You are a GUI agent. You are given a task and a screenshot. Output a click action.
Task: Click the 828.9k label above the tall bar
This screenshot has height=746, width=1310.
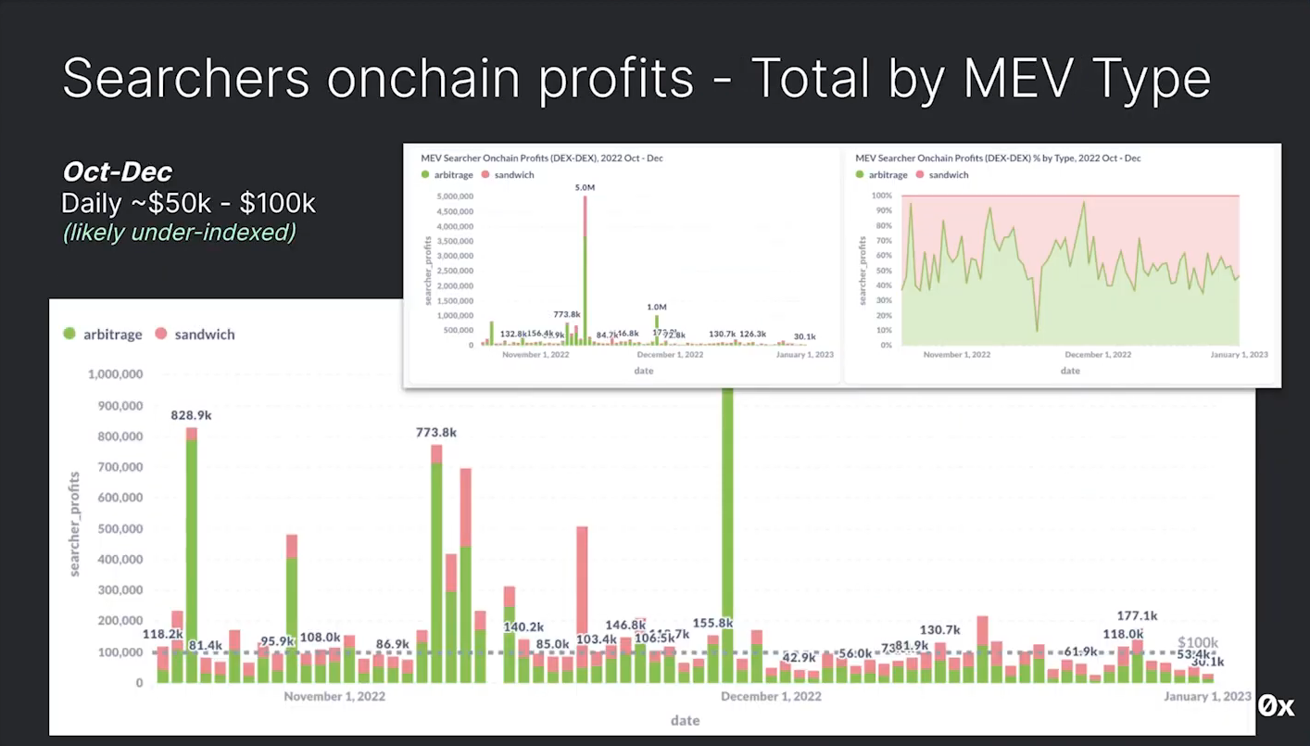coord(191,415)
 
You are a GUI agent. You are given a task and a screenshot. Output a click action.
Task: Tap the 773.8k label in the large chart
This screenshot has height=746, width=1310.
coord(435,433)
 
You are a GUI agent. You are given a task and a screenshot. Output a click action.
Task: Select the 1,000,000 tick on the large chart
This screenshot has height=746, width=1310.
coord(115,374)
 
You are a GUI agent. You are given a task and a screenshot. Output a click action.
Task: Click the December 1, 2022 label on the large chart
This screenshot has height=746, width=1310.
coord(771,697)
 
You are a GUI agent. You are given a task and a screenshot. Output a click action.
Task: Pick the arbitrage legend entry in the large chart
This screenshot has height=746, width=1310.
coord(103,335)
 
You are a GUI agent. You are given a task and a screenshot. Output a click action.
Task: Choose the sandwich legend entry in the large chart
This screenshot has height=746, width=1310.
coord(195,335)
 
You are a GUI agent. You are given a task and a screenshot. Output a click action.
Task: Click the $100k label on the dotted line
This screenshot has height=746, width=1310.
coord(1197,643)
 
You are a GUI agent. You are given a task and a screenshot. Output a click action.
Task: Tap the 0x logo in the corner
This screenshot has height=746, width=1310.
coord(1276,707)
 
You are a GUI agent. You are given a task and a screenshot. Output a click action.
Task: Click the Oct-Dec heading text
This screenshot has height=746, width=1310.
coord(118,171)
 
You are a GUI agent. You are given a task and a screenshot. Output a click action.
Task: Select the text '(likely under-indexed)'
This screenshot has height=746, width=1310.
coord(179,233)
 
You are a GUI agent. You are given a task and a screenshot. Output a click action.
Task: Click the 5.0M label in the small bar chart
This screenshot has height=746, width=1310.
coord(585,188)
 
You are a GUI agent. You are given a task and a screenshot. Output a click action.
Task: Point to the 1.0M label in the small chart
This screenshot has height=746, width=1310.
coord(656,308)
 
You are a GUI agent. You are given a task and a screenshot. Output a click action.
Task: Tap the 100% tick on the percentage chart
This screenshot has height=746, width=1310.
coord(881,196)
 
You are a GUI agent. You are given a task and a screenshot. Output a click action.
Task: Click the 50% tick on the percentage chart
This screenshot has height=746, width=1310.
coord(884,271)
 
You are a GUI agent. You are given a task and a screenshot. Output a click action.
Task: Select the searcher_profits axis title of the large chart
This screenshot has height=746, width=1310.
coord(75,524)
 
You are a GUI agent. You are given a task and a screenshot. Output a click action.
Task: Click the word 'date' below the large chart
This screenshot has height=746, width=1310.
coord(686,721)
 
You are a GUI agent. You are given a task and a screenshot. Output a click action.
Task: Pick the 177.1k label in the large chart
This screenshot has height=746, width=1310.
coord(1137,616)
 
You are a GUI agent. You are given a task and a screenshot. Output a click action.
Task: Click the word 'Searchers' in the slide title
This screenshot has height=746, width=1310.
coord(185,79)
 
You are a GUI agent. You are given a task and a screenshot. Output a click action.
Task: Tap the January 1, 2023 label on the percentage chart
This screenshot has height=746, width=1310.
coord(1239,355)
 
